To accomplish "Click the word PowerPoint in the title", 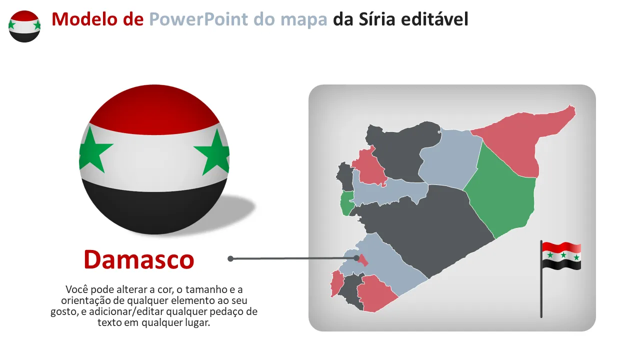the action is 199,19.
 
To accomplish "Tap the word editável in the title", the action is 434,19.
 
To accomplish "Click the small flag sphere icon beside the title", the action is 24,26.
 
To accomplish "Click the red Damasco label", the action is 139,259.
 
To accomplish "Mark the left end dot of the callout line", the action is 230,258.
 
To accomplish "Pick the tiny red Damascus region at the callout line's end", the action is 363,260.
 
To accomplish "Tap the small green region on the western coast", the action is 346,203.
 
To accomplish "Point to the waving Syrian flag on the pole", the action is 561,255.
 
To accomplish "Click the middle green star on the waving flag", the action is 563,255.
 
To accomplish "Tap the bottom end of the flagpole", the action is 541,316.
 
